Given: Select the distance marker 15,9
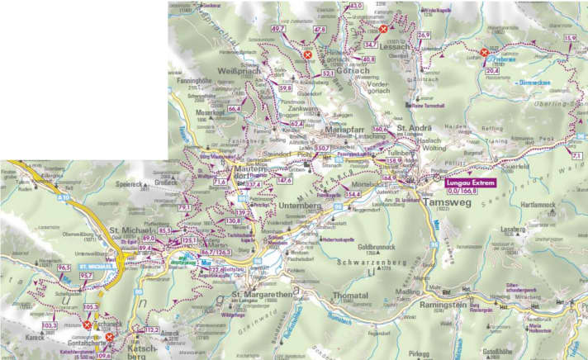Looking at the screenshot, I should coord(571,38).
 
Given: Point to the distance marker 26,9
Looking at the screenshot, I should coord(424,35).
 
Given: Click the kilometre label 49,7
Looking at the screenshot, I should coord(278,29).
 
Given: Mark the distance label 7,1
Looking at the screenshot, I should coord(576,154).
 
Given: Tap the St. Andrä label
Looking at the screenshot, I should coord(412,128).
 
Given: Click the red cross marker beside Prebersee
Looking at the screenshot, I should coord(484,54).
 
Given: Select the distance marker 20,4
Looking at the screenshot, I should coord(492,71).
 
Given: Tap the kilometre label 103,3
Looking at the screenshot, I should coord(50,326).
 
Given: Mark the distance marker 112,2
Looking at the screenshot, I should coord(150,329).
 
